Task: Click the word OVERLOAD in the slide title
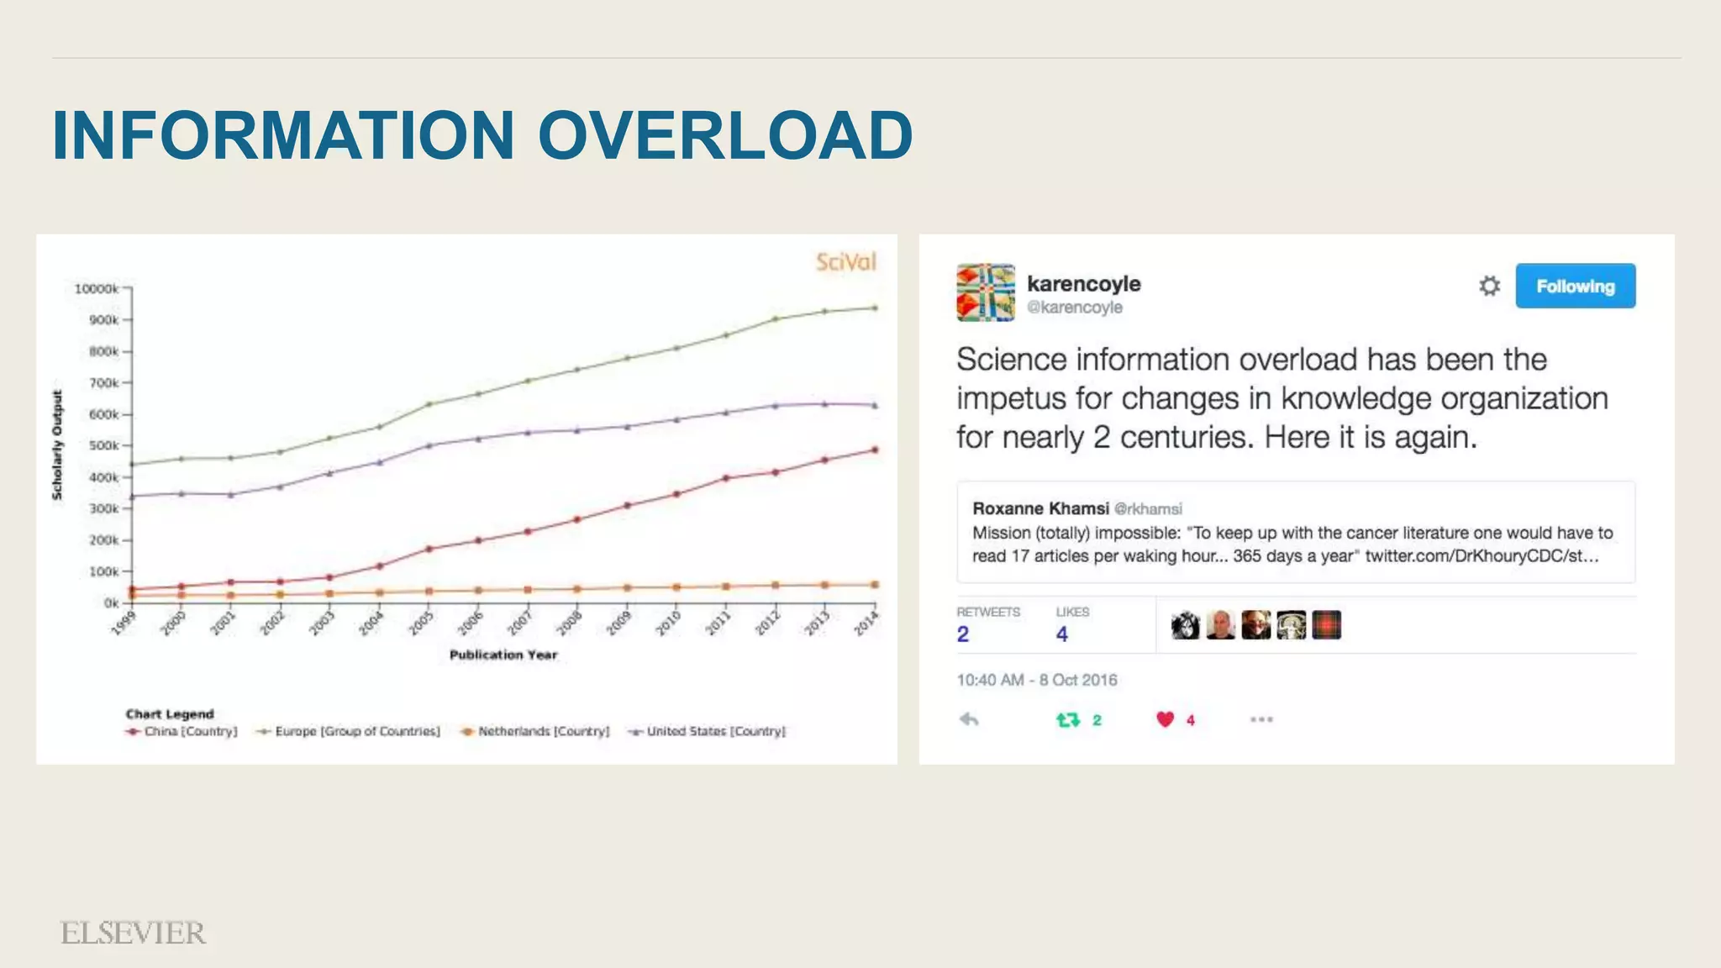724,135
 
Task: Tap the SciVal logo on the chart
845,262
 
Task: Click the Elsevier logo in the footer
133,933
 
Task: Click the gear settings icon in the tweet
1489,286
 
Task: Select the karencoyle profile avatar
985,292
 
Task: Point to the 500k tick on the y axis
104,445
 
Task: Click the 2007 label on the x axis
520,623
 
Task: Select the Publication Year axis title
503,655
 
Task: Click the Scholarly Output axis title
57,445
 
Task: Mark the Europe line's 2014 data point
875,308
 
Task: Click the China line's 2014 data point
875,450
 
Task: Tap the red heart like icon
1165,719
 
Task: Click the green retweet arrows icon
1067,720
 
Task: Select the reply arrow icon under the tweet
969,719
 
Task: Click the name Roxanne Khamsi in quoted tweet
1040,508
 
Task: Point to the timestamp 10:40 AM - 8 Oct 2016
1036,680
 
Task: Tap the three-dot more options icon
1260,719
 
